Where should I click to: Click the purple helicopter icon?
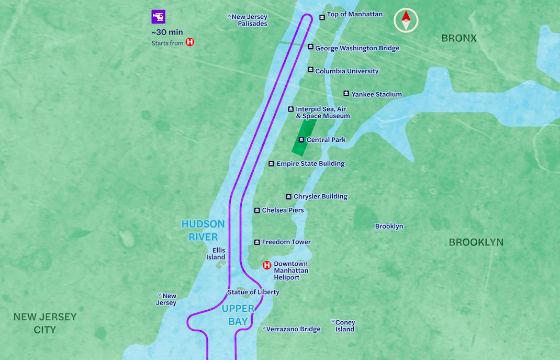pyautogui.click(x=158, y=17)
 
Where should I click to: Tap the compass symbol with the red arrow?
pyautogui.click(x=406, y=21)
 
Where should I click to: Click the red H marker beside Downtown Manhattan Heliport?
pyautogui.click(x=267, y=265)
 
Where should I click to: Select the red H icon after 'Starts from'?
pyautogui.click(x=190, y=42)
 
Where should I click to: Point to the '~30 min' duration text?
pyautogui.click(x=167, y=32)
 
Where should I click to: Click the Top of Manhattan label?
pyautogui.click(x=354, y=15)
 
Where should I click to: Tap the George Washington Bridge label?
pyautogui.click(x=357, y=48)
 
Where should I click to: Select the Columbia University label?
pyautogui.click(x=346, y=71)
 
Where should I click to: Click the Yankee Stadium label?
pyautogui.click(x=376, y=94)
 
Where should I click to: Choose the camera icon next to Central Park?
pyautogui.click(x=301, y=140)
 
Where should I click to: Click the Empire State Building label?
pyautogui.click(x=310, y=164)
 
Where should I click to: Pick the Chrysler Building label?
pyautogui.click(x=320, y=197)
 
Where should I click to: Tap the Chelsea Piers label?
pyautogui.click(x=283, y=210)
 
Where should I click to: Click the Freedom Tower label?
pyautogui.click(x=286, y=242)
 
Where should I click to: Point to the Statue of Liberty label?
pyautogui.click(x=253, y=292)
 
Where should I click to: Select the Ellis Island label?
pyautogui.click(x=216, y=254)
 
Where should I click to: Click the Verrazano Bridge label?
pyautogui.click(x=293, y=329)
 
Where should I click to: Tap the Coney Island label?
pyautogui.click(x=345, y=326)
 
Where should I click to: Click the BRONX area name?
pyautogui.click(x=459, y=38)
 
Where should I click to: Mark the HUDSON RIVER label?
pyautogui.click(x=203, y=230)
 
